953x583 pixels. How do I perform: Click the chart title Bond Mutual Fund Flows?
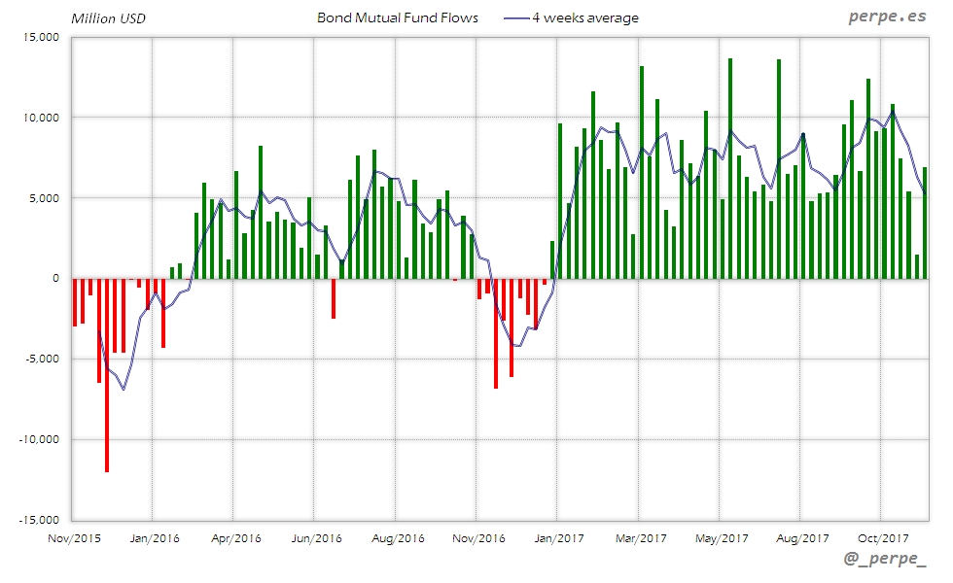(x=398, y=17)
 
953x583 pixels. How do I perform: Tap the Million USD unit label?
(x=109, y=17)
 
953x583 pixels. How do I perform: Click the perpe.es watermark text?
(x=889, y=17)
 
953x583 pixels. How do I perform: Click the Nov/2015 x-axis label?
(x=74, y=536)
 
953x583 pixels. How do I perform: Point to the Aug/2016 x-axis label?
(x=397, y=536)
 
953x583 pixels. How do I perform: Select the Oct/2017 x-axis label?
(x=881, y=536)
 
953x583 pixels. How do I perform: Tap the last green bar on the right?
(x=925, y=223)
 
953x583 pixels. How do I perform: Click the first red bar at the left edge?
(x=75, y=302)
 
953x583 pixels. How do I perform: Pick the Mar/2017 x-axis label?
(x=640, y=536)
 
